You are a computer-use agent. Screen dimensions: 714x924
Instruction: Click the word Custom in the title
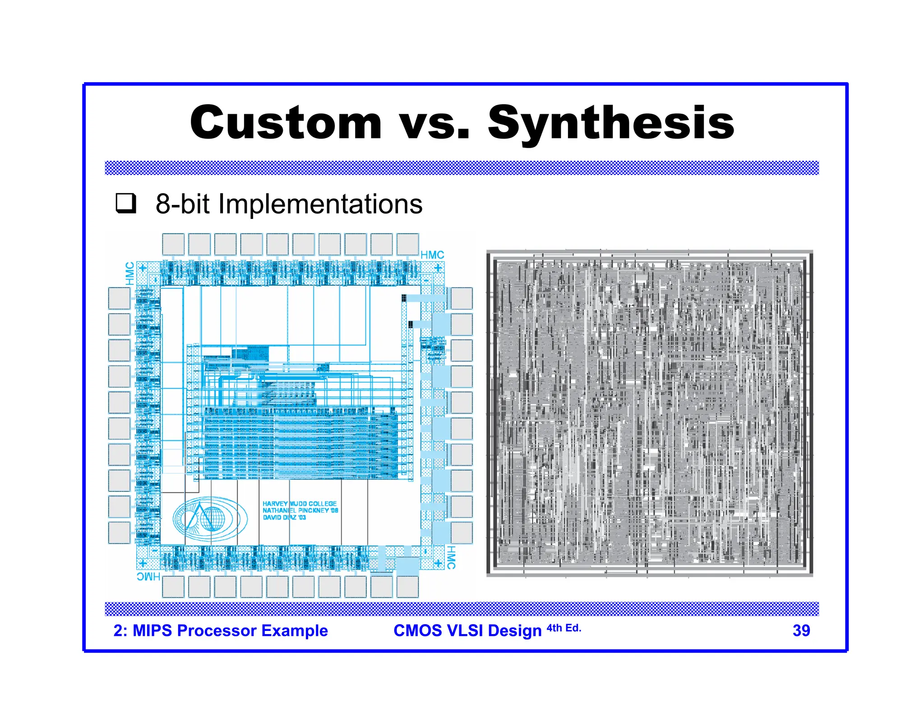(286, 123)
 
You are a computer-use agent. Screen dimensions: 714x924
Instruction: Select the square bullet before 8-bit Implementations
(125, 204)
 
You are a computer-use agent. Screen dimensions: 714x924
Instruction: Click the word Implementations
(320, 204)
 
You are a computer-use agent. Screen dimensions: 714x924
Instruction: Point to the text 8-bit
(182, 204)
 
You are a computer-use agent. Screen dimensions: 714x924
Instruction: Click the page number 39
(801, 631)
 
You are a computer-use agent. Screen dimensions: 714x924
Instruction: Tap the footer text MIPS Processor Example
(230, 631)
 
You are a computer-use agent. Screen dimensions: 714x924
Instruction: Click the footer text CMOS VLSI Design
(467, 631)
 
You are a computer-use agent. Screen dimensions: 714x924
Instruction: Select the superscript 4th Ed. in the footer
(564, 628)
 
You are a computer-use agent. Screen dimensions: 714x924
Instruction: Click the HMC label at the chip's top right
(432, 255)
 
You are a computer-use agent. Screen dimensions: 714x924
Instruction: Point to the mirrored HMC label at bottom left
(148, 577)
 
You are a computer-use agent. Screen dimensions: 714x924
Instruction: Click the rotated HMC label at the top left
(130, 274)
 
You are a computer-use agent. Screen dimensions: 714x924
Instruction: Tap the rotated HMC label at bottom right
(451, 557)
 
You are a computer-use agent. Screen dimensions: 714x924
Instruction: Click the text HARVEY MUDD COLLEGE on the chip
(300, 504)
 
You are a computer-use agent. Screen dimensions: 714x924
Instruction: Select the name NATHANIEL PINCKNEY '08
(300, 510)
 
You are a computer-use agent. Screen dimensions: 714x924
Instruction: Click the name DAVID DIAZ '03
(284, 517)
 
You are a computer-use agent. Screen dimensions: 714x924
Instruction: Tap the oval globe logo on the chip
(210, 519)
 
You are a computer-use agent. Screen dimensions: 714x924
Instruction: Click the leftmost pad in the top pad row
(173, 244)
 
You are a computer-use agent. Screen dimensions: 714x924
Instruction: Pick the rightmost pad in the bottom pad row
(407, 587)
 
